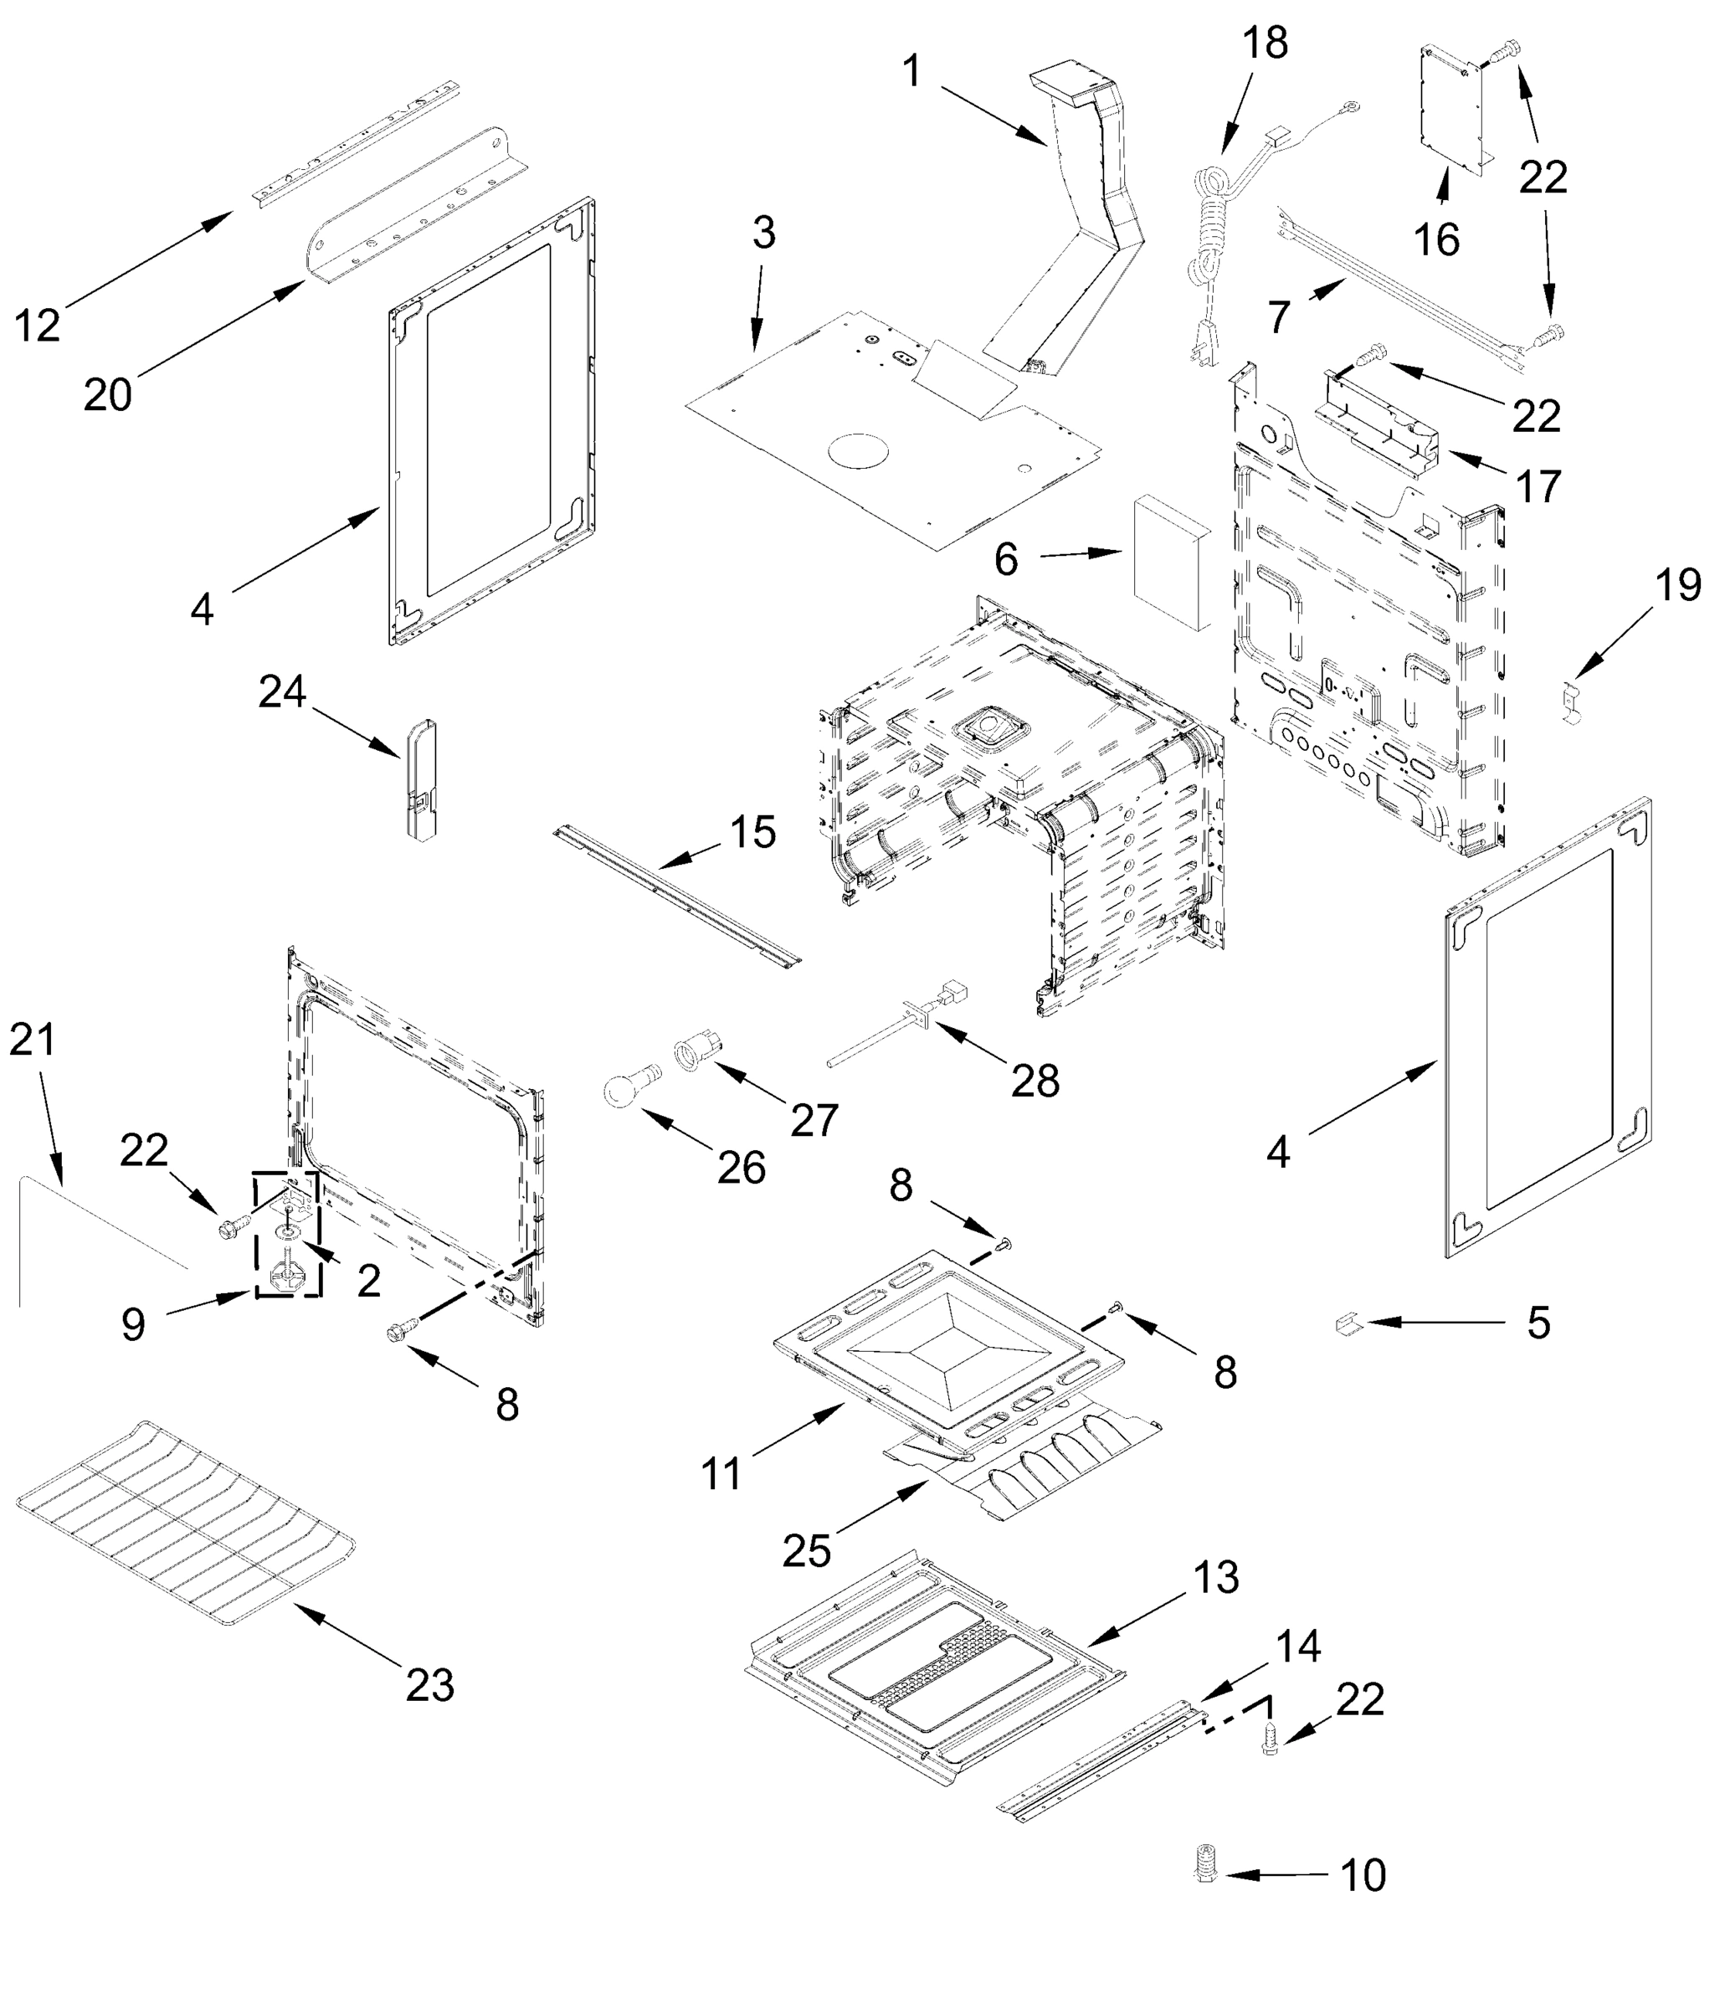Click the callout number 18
tap(1265, 44)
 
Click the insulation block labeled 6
tap(1170, 563)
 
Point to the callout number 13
tap(1215, 1578)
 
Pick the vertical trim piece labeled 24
tap(421, 778)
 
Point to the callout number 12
tap(37, 326)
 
